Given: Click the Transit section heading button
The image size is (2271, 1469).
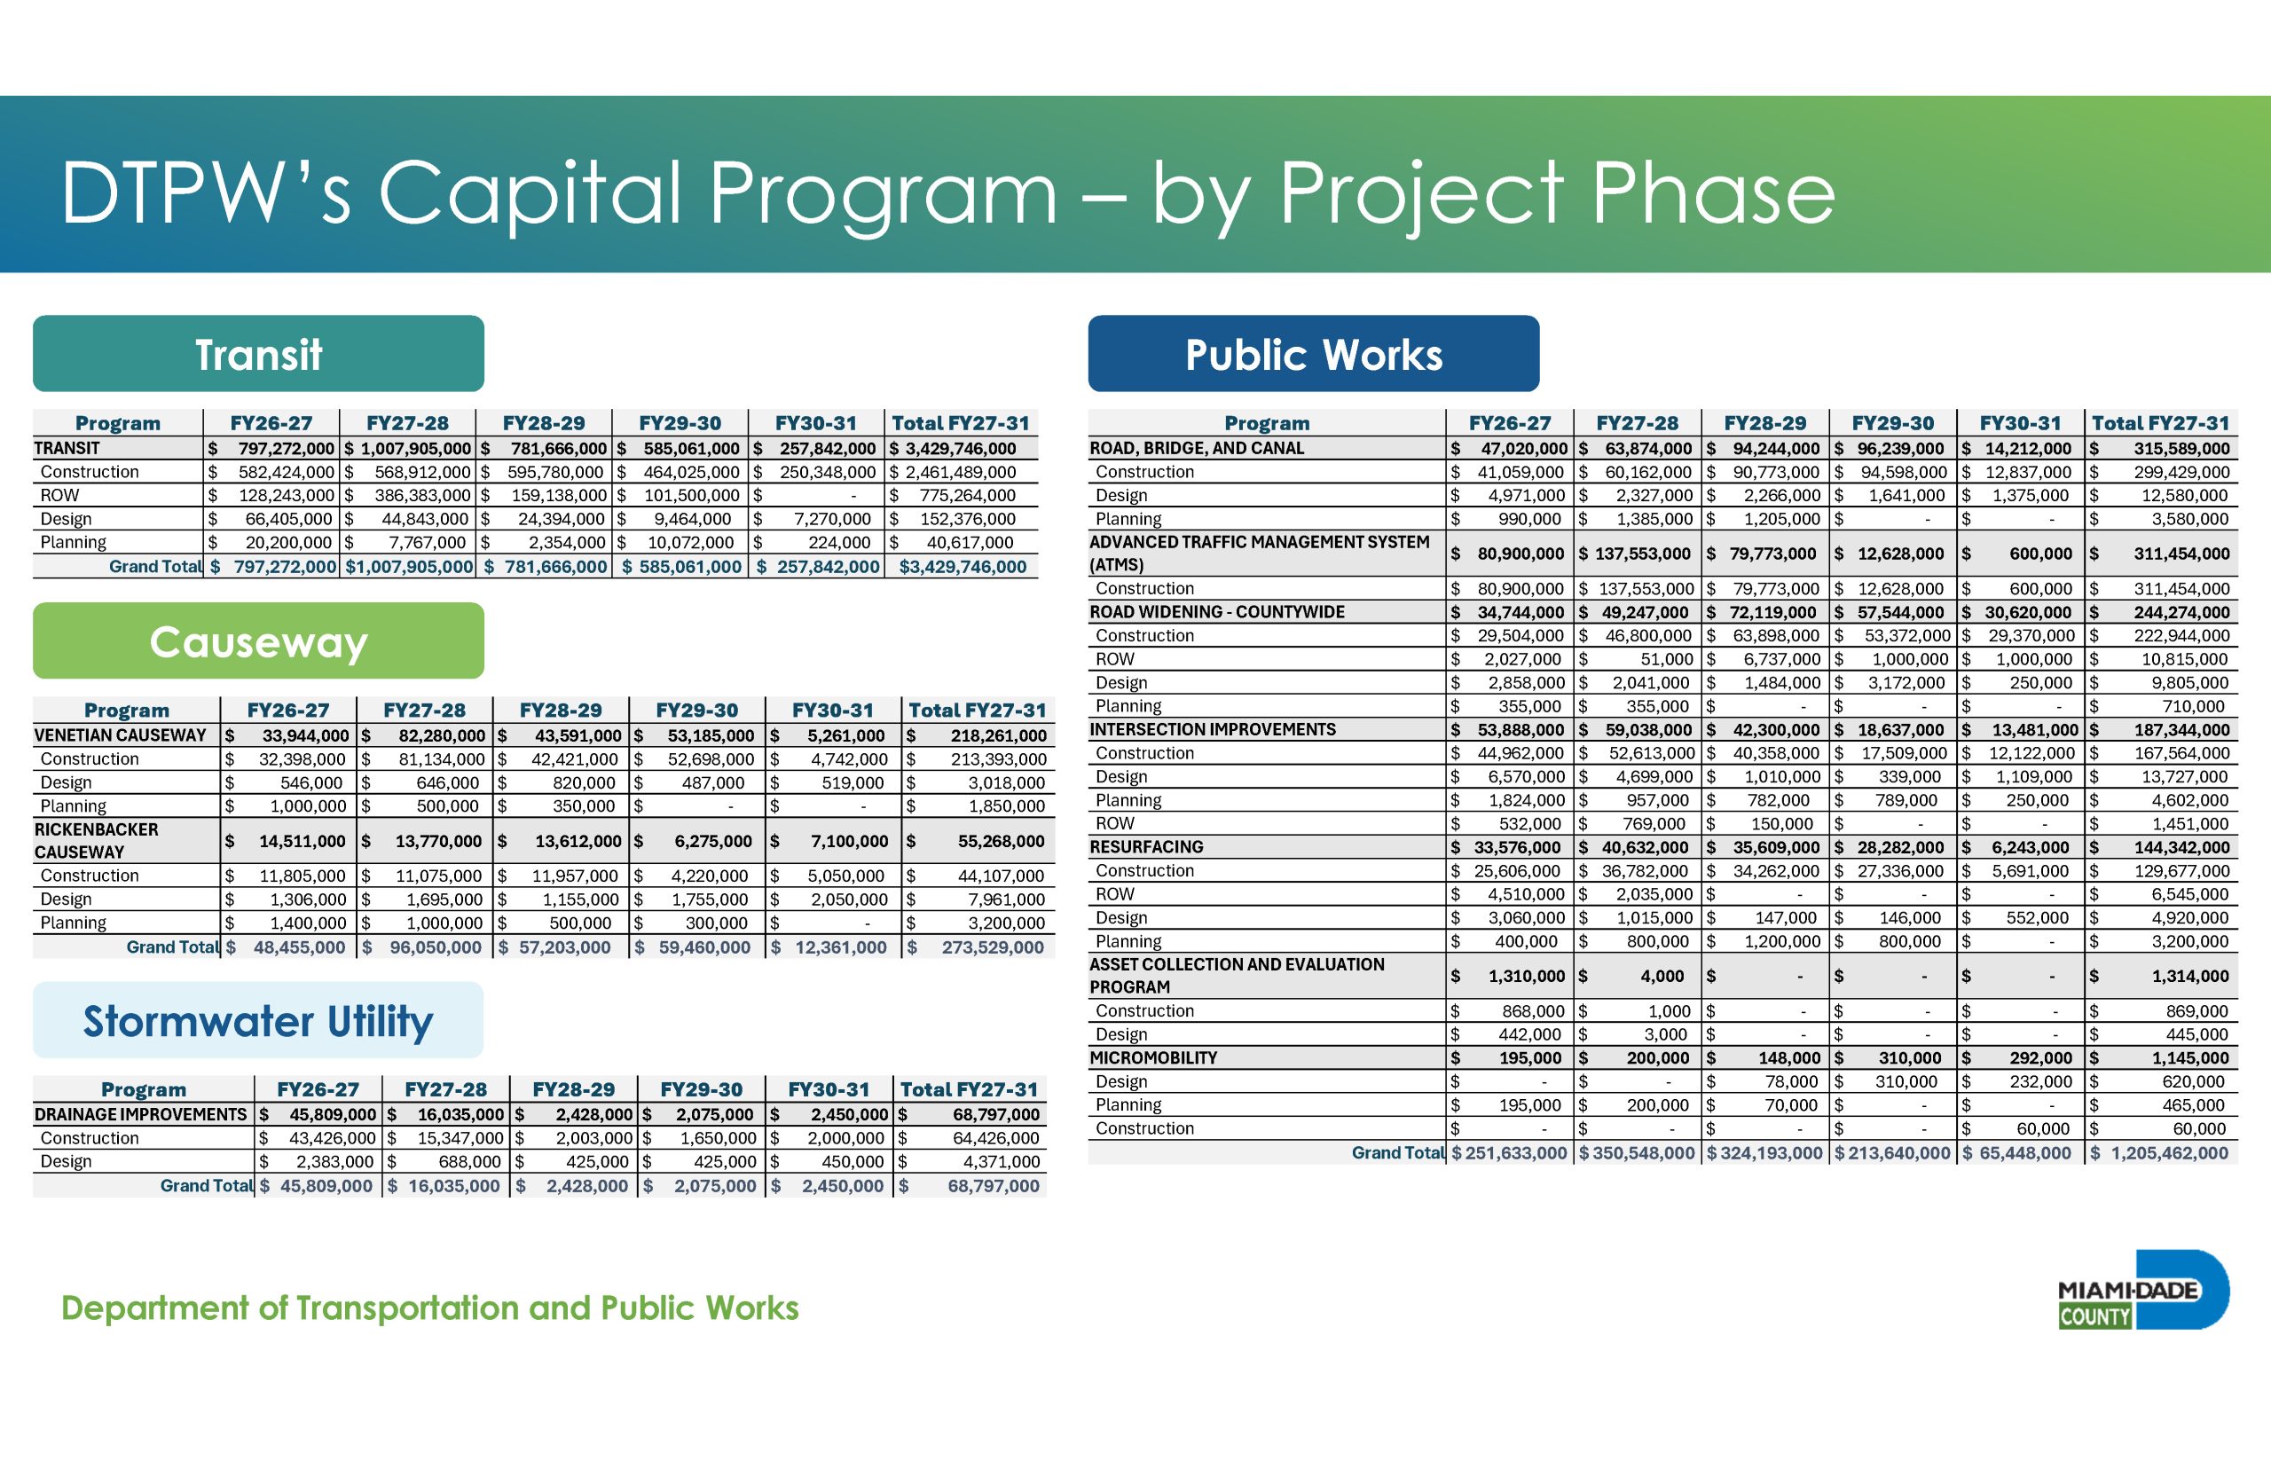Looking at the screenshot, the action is [258, 354].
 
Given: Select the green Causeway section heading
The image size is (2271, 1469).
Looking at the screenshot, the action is [258, 641].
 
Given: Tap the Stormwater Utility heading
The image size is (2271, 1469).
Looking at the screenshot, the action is [258, 1021].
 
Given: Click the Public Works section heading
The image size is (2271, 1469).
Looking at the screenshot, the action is [1314, 354].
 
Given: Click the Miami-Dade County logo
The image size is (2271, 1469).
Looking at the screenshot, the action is [2142, 1290].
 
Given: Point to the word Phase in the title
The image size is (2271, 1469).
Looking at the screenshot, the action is [1713, 193].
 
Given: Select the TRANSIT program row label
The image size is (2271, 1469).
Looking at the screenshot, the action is [67, 448].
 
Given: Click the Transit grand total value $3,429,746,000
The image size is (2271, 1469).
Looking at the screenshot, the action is [963, 567].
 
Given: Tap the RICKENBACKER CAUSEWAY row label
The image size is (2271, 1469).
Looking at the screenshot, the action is [97, 841].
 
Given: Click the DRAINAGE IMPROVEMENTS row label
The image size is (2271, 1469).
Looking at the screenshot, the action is [140, 1114].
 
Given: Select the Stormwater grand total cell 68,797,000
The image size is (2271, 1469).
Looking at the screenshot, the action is [993, 1186].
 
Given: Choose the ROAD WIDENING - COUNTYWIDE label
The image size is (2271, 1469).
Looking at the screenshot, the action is [1217, 612].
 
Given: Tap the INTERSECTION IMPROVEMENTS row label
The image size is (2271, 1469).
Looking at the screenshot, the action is [1213, 730].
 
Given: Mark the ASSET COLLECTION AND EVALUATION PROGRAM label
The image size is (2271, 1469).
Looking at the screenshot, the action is [1238, 976].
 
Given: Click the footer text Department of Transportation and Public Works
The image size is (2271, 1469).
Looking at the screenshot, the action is [430, 1308].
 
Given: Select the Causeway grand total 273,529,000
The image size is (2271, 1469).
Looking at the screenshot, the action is [993, 947].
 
